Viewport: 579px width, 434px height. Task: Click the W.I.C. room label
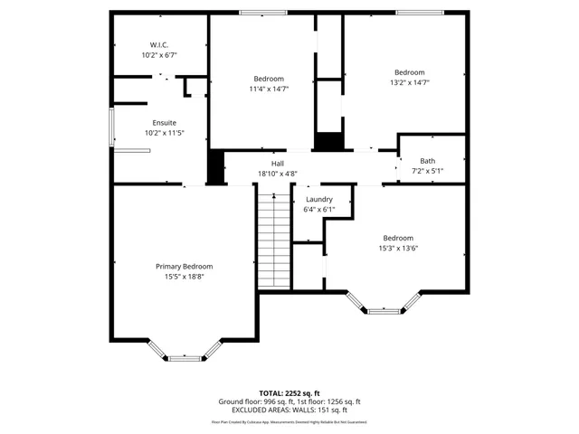tap(158, 45)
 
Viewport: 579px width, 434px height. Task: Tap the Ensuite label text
tap(164, 122)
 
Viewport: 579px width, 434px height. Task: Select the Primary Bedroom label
tap(184, 267)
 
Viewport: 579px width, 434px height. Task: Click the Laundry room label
tap(318, 199)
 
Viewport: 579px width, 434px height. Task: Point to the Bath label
tap(427, 161)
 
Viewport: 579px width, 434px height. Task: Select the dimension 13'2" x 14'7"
tap(409, 82)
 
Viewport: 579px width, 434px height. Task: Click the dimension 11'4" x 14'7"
tap(268, 89)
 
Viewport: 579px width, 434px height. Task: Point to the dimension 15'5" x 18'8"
tap(184, 277)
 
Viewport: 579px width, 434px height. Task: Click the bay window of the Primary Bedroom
tap(185, 357)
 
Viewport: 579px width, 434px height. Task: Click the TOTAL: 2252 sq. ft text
tap(289, 393)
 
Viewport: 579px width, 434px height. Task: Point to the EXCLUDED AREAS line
tap(289, 410)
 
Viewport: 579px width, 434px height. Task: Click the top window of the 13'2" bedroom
tap(420, 13)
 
